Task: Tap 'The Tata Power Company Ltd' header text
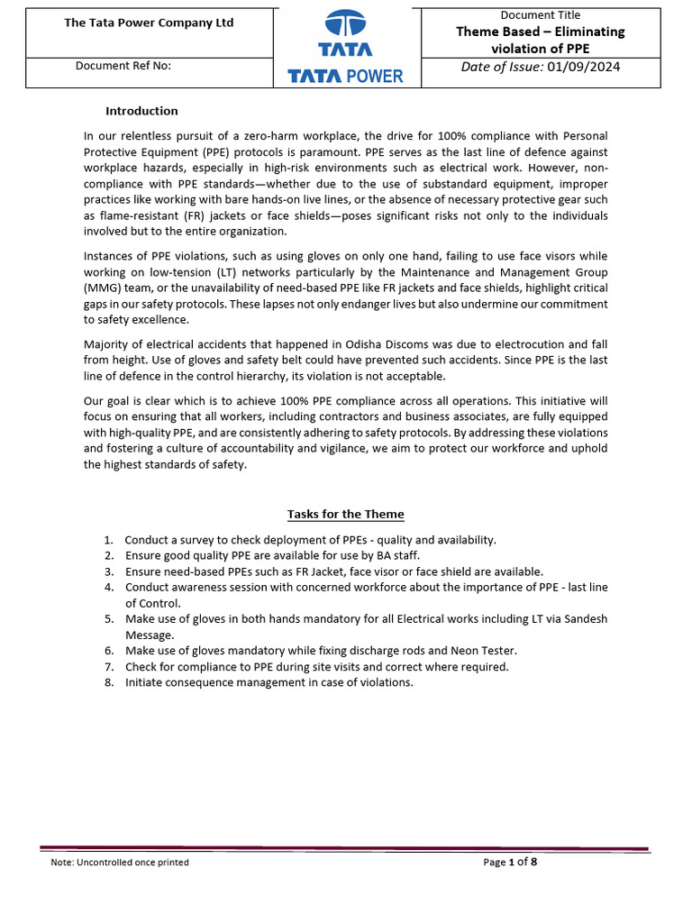click(x=149, y=23)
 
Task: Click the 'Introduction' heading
click(x=141, y=111)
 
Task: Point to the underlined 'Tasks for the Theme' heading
click(x=346, y=514)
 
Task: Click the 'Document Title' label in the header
click(x=540, y=14)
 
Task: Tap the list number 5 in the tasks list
click(x=108, y=619)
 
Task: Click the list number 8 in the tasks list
click(x=108, y=682)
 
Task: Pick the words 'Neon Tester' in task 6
click(x=486, y=651)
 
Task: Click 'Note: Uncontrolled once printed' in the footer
click(x=120, y=862)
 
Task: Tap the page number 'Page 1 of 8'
click(x=510, y=862)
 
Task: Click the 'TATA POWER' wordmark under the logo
click(x=346, y=77)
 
